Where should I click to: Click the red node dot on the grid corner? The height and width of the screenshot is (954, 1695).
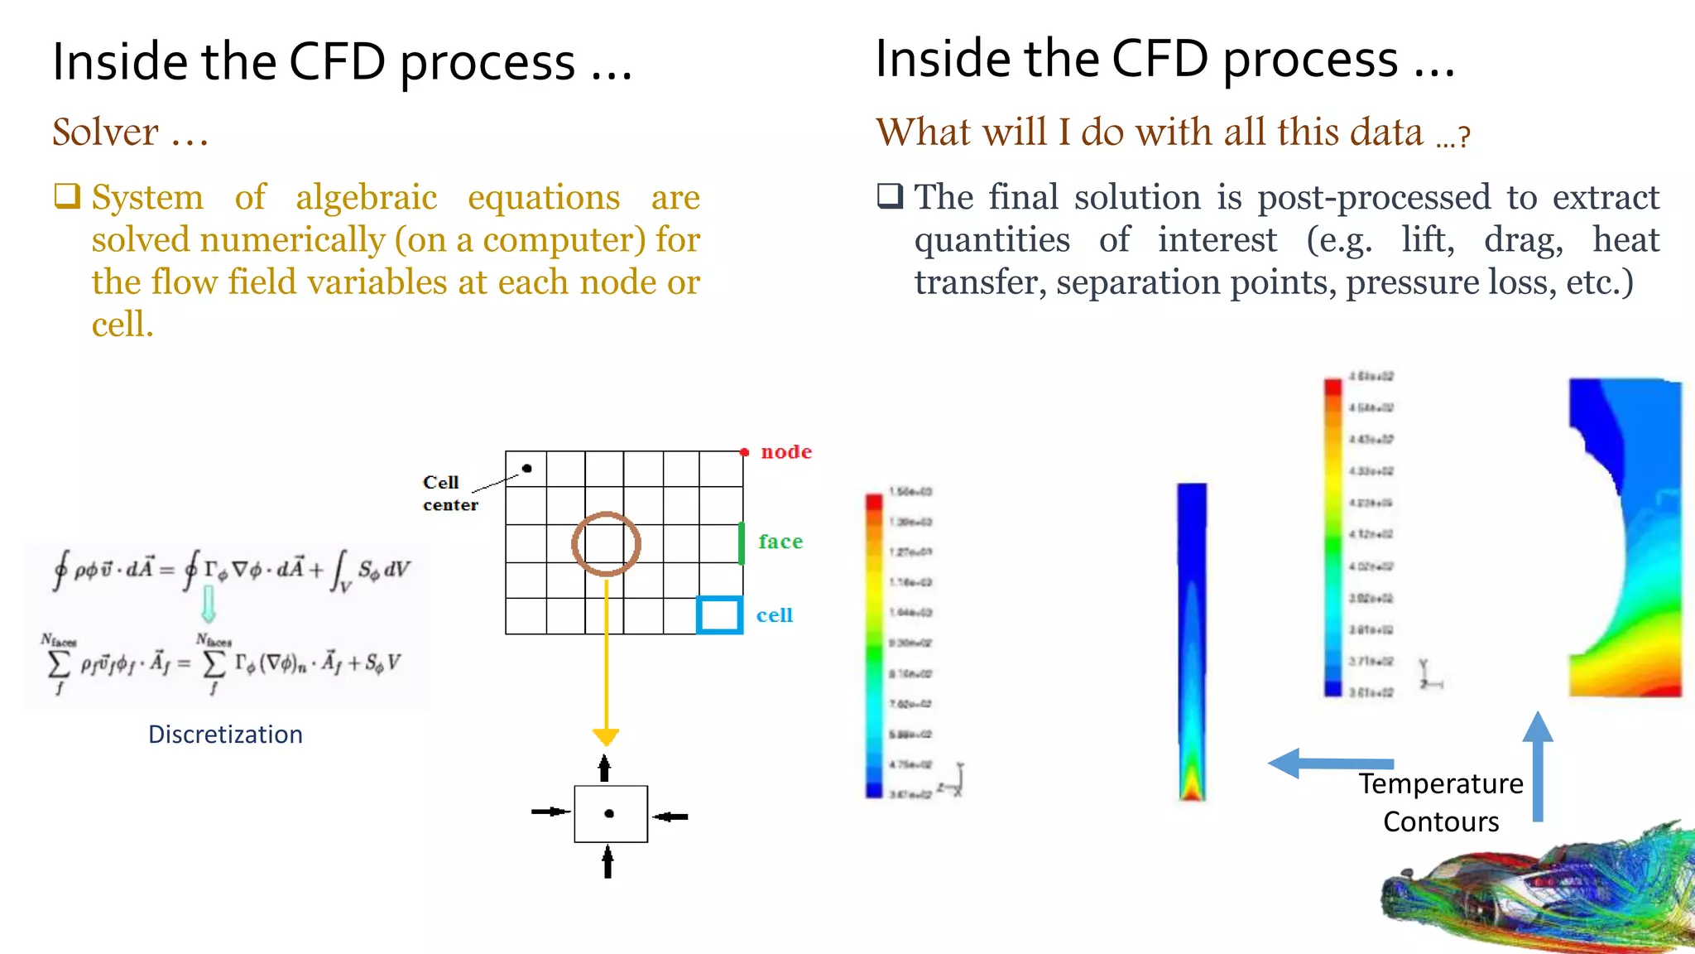(744, 452)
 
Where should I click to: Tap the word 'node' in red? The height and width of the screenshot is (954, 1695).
(786, 452)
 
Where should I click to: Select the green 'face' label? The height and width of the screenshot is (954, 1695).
(780, 542)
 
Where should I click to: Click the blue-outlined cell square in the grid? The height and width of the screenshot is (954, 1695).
(719, 615)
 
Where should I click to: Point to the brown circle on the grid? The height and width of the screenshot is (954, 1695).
(606, 544)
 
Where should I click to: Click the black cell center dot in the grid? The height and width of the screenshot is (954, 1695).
(527, 469)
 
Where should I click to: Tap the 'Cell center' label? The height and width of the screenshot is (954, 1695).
(449, 494)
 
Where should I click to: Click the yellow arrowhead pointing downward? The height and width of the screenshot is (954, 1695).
(606, 735)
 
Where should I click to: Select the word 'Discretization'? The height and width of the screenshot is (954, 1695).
(225, 735)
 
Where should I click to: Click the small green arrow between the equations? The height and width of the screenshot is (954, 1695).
(209, 605)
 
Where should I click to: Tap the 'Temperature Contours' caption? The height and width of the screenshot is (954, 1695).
(1440, 802)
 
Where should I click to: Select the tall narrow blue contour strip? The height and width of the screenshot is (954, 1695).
(1192, 642)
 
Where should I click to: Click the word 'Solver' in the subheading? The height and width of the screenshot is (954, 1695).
(106, 132)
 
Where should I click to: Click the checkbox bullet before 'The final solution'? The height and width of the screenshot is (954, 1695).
(891, 196)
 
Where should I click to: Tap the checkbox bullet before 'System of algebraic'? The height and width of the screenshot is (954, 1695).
(67, 196)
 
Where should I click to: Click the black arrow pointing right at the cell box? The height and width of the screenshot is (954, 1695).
(550, 812)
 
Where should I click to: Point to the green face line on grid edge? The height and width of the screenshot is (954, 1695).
(742, 543)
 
